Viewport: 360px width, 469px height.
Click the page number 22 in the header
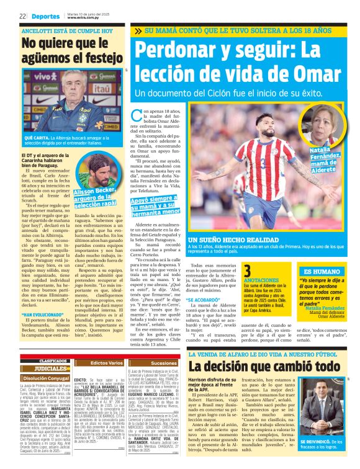(22, 16)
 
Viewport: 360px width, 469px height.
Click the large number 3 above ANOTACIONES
(247, 271)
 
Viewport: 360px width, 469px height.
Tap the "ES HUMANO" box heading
(321, 272)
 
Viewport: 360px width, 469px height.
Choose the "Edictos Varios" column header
(107, 362)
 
